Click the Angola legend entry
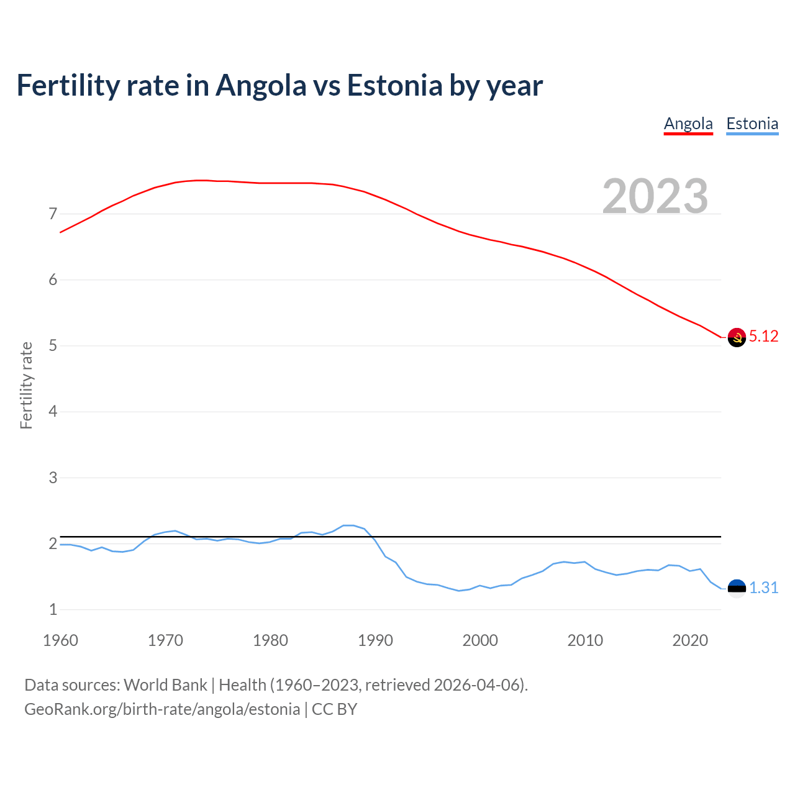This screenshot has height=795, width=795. [688, 124]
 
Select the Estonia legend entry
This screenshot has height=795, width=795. [752, 124]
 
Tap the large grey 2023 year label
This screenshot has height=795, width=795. [655, 196]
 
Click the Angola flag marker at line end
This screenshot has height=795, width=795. [737, 337]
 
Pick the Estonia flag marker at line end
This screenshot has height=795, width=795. [737, 588]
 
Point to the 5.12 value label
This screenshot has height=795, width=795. [763, 337]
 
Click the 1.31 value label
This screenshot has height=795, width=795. [763, 588]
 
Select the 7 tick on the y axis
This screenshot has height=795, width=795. [53, 214]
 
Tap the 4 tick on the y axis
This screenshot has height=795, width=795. [53, 412]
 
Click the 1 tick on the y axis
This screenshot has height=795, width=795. [53, 610]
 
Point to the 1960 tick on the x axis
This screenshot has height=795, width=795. [60, 640]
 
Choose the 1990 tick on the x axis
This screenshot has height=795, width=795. [375, 640]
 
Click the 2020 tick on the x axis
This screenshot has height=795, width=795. [690, 640]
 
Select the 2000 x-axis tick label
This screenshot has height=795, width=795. [480, 640]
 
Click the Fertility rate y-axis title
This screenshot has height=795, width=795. [26, 385]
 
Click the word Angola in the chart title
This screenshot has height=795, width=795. [261, 86]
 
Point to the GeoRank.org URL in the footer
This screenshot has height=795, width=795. [162, 709]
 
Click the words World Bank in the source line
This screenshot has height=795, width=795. [165, 685]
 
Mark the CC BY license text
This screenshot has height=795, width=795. [334, 709]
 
